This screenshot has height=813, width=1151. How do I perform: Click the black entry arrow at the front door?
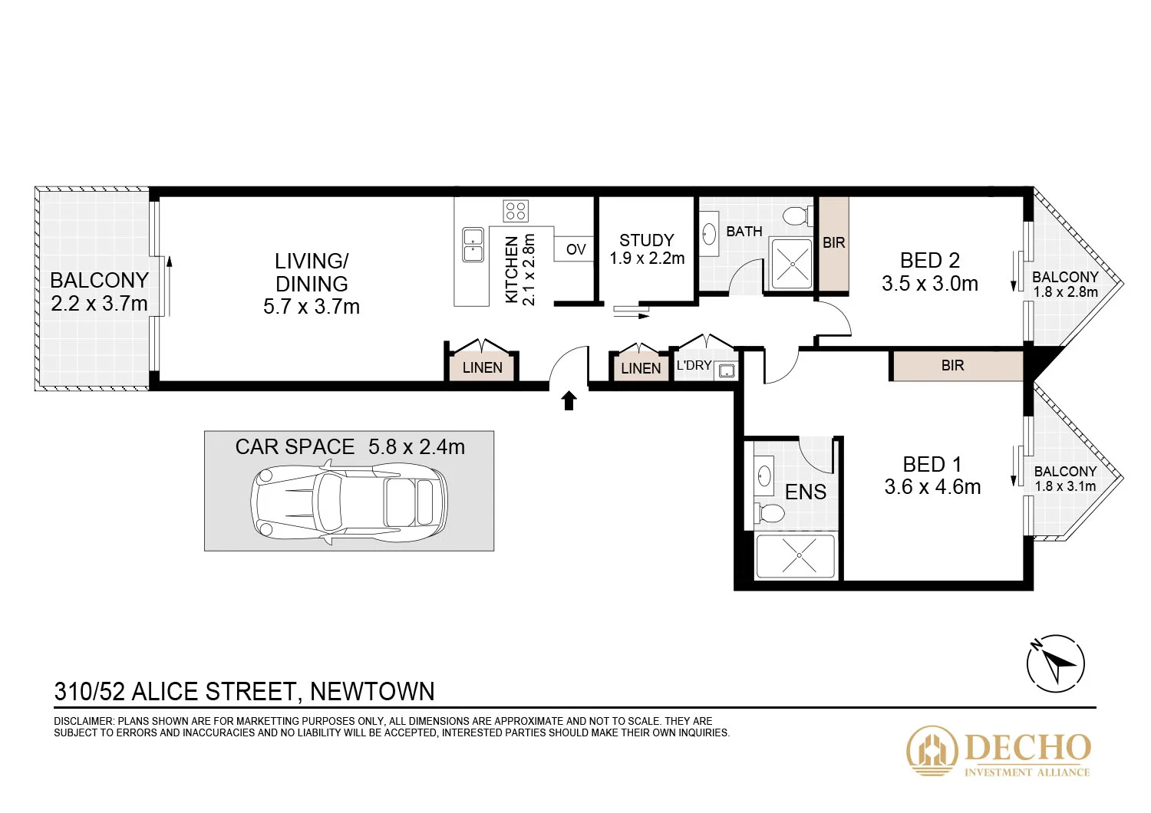point(569,400)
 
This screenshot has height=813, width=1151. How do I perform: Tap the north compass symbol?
point(1056,663)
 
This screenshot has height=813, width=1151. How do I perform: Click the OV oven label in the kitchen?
point(575,249)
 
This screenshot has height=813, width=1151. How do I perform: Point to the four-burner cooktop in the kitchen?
point(516,211)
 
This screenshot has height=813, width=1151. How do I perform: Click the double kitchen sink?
point(473,244)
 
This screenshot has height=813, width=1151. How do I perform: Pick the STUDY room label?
point(646,240)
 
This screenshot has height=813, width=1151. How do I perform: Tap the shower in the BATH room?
point(790,264)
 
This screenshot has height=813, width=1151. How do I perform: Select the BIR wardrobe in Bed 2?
point(834,244)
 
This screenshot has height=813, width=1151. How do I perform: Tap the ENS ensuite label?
point(806,492)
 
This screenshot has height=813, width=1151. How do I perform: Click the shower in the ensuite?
point(798,555)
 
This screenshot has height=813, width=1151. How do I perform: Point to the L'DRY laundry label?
point(694,365)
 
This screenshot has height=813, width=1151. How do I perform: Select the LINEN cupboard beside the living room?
point(483,367)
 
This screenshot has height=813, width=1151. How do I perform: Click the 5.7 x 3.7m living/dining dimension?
point(312,307)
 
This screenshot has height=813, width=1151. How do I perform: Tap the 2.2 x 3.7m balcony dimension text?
point(99,304)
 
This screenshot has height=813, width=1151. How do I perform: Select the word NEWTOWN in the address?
point(372,692)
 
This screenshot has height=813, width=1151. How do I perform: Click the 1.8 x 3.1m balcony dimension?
point(1065,486)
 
